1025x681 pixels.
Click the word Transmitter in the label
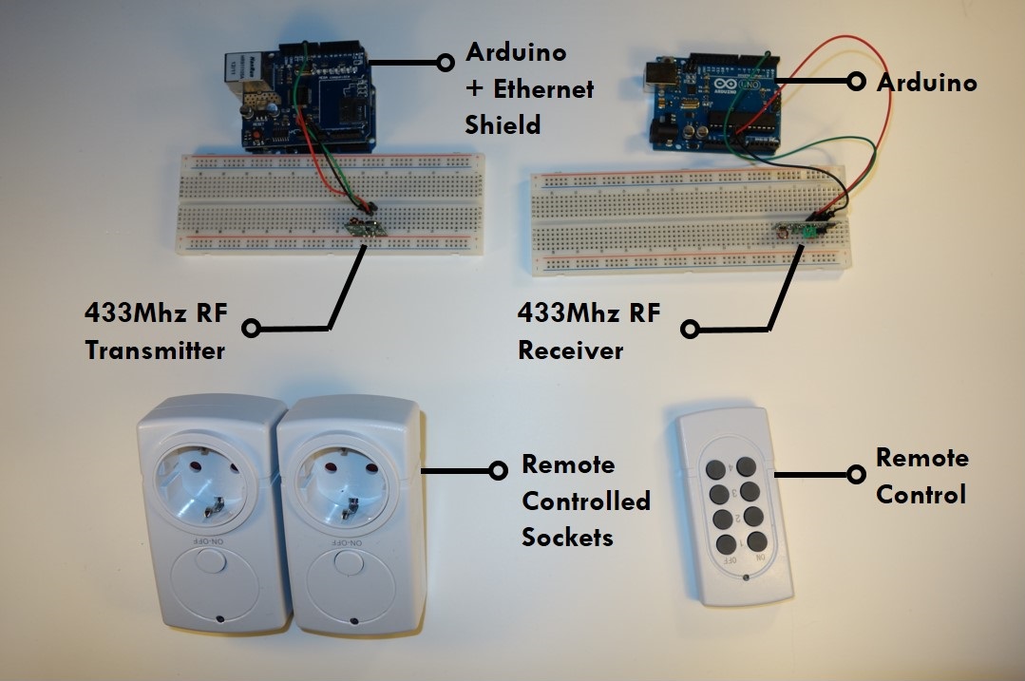155,350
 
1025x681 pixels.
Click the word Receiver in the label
570,350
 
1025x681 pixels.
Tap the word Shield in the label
503,124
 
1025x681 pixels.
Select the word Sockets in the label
567,538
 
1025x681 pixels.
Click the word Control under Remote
921,495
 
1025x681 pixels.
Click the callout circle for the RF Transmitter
251,329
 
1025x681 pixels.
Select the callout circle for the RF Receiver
691,330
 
